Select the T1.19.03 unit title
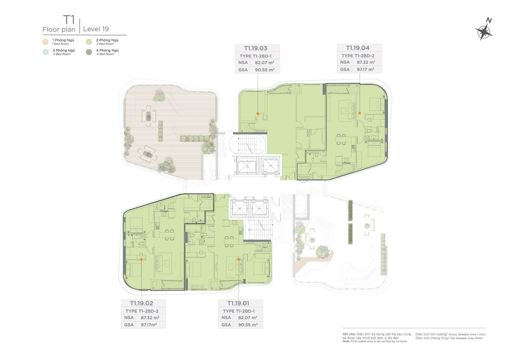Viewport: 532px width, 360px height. coord(256,48)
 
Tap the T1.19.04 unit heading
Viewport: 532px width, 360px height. coord(358,48)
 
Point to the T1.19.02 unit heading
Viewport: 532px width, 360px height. coord(141,303)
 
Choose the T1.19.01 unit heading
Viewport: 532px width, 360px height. coord(238,303)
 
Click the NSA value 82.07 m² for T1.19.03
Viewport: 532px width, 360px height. coord(264,63)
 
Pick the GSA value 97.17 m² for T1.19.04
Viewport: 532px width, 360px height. coord(365,69)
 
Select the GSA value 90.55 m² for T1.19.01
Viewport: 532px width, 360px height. coord(248,325)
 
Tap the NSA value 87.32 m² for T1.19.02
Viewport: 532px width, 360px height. coord(150,318)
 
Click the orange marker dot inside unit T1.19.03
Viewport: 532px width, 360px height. coord(258,113)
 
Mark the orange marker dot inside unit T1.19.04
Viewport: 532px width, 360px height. coord(360,113)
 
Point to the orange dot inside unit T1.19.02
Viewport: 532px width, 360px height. coord(141,260)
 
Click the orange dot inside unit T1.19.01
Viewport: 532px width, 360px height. coord(239,260)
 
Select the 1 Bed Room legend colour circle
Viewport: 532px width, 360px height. coord(46,42)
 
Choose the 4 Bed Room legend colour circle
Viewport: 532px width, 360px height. coord(89,52)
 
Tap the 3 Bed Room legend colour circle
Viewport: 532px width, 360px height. coord(46,52)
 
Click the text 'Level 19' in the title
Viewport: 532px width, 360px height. coord(96,29)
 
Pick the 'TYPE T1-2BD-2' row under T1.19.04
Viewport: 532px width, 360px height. coord(358,56)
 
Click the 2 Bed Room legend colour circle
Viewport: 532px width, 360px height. coord(89,42)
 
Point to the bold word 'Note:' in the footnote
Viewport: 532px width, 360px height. coord(346,341)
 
